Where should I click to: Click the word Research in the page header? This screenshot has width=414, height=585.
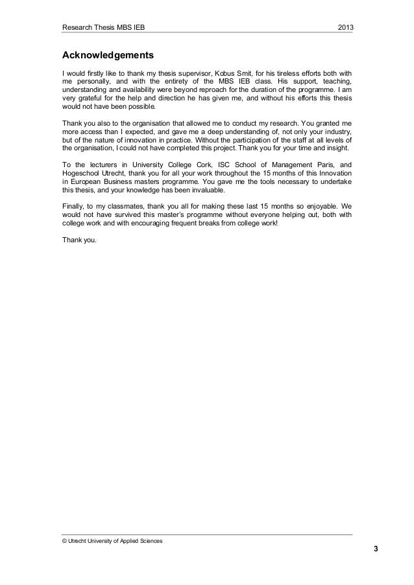click(77, 28)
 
